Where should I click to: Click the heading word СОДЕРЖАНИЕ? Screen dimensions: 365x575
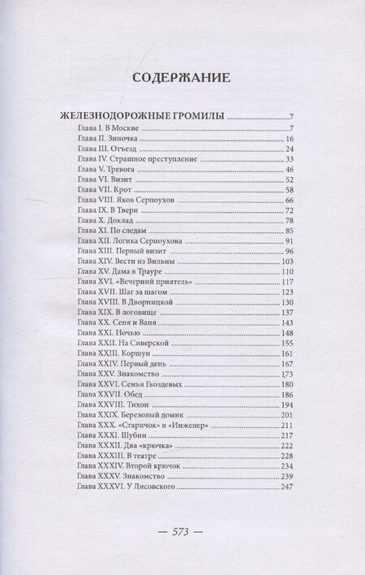pos(182,79)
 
